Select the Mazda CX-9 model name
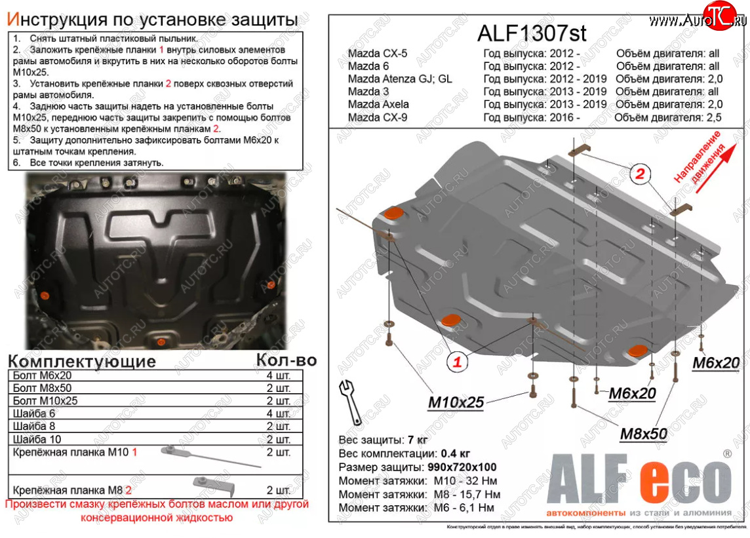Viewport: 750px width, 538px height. [378, 118]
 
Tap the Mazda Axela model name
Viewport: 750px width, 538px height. [378, 104]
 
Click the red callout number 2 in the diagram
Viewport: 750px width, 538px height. [639, 174]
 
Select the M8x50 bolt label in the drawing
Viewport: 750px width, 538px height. [643, 433]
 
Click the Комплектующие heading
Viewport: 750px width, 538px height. [82, 361]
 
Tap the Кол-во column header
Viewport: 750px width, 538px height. [286, 360]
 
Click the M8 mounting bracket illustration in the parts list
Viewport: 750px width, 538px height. [214, 486]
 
